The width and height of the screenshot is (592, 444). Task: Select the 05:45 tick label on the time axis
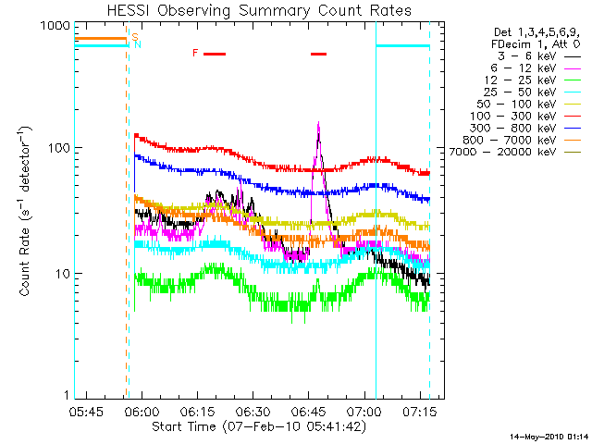point(85,412)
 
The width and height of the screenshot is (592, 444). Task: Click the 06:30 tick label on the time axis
point(253,412)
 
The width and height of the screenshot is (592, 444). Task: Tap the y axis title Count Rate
point(27,213)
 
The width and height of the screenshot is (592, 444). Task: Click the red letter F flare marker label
point(195,53)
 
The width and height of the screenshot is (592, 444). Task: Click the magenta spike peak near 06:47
point(318,122)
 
